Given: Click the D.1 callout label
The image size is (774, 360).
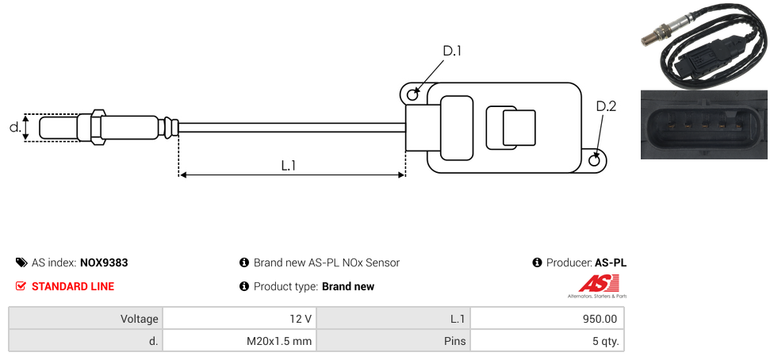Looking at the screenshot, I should [451, 52].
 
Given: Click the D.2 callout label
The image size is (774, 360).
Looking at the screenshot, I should [606, 106].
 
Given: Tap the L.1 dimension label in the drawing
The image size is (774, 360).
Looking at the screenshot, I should [289, 165].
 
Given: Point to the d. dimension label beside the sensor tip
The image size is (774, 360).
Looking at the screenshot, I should [14, 127].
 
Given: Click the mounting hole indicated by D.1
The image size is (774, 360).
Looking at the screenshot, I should [412, 95].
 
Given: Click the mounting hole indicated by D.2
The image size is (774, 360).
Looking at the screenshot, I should [596, 161].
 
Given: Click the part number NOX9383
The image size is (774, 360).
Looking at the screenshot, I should [104, 262].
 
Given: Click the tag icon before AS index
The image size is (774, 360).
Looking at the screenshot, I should [21, 262].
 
